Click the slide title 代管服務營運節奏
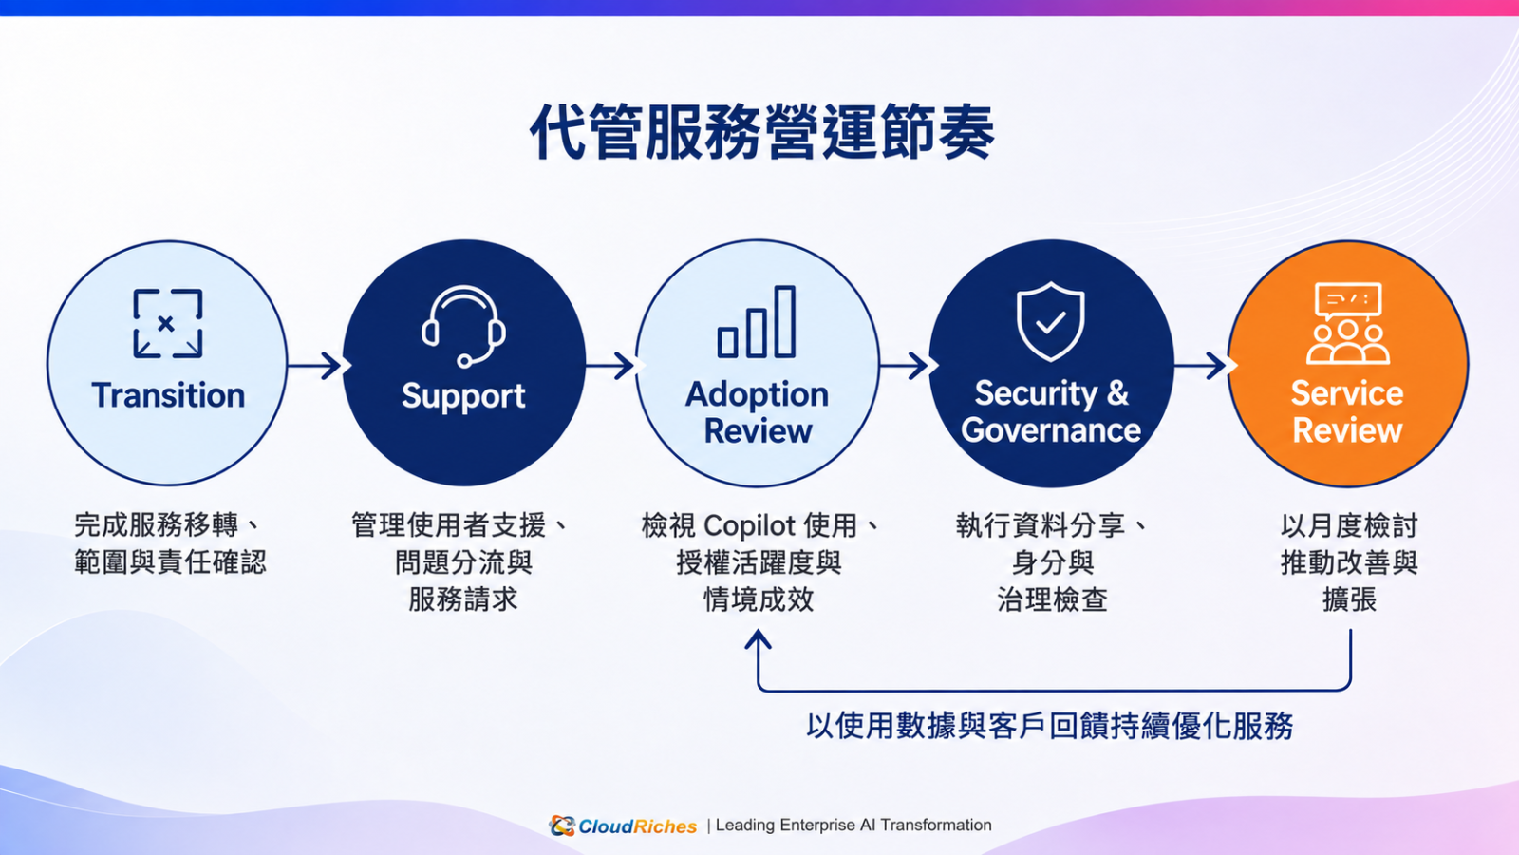tap(762, 132)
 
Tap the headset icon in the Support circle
tap(464, 327)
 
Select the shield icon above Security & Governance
tap(1050, 322)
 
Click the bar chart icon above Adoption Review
tap(756, 322)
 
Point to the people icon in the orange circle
tap(1347, 323)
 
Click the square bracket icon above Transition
tap(167, 323)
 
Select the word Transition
tap(168, 395)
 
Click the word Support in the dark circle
tap(463, 396)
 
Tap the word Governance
tap(1051, 430)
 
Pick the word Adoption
tap(757, 395)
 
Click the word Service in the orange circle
tap(1347, 393)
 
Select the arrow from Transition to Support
tap(314, 366)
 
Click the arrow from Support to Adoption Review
tap(609, 366)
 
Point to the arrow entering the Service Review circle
tap(1200, 366)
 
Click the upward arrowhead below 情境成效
tap(758, 639)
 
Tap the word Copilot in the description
tap(749, 526)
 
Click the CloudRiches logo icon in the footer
tap(562, 826)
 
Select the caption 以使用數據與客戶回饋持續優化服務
tap(1050, 726)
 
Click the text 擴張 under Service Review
tap(1349, 599)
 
